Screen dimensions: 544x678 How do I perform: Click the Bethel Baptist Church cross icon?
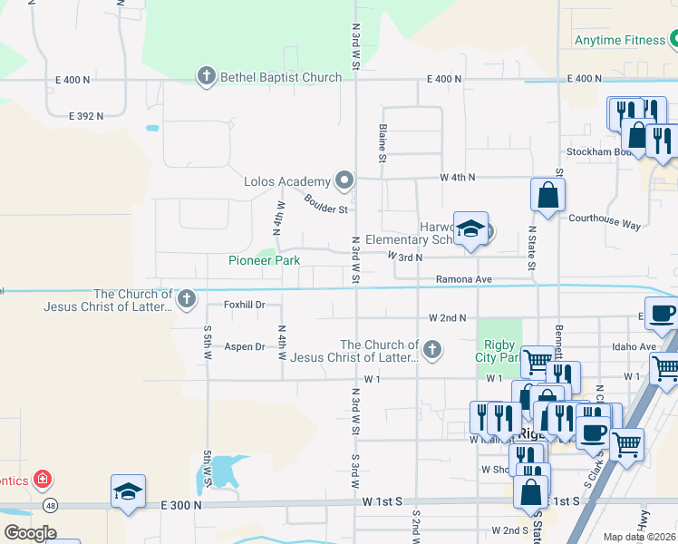[x=207, y=77]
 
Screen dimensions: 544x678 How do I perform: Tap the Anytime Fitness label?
[x=620, y=40]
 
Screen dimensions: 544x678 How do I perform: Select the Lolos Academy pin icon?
[x=344, y=181]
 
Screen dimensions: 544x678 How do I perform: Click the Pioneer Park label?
[x=264, y=261]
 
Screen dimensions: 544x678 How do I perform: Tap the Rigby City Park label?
[x=499, y=350]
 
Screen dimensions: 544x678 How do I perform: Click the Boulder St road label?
[x=326, y=205]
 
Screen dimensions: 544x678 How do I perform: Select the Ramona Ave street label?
[x=463, y=279]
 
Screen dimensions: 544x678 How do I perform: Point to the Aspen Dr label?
[x=244, y=346]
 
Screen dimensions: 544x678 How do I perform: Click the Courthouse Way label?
[x=604, y=219]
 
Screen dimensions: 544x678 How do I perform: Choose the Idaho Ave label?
[x=634, y=346]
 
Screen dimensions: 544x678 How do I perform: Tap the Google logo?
[x=30, y=533]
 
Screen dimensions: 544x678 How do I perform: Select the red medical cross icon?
[x=41, y=478]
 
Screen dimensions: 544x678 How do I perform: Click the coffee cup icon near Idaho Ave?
[x=662, y=313]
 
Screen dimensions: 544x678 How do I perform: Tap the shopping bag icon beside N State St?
[x=548, y=194]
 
